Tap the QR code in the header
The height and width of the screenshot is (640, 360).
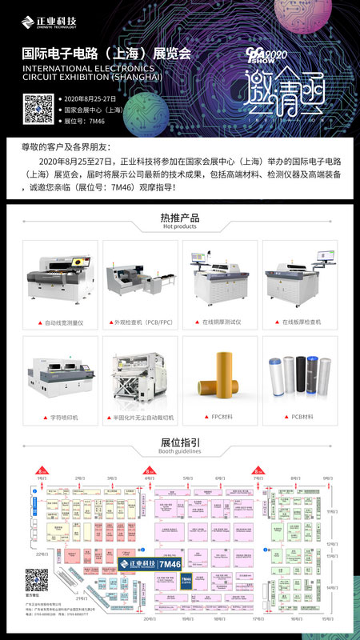tap(38, 109)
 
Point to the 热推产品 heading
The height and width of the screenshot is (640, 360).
tap(180, 217)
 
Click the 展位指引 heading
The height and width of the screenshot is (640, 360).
tap(180, 442)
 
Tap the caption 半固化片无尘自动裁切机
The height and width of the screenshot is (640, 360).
tap(142, 417)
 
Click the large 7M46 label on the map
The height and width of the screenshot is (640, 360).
tap(170, 565)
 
